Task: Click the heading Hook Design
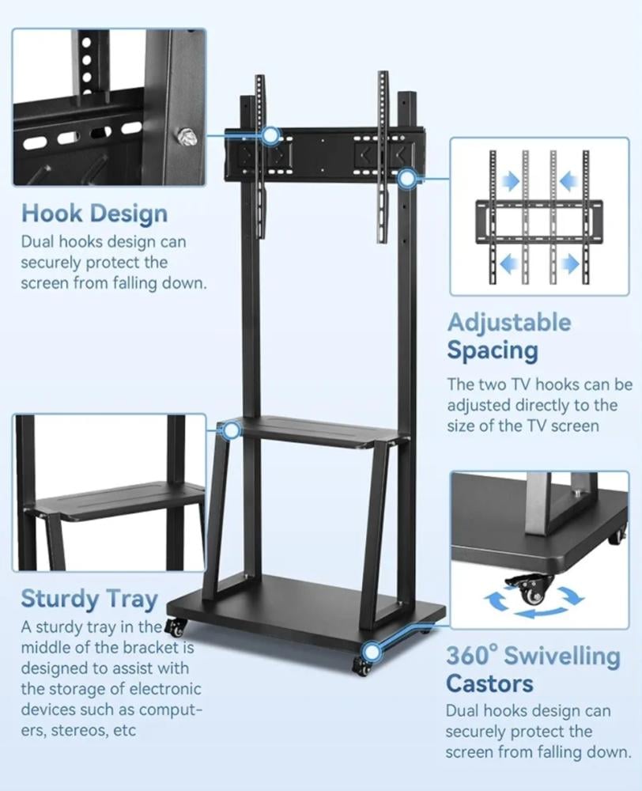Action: pos(94,214)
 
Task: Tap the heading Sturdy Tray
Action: pos(89,599)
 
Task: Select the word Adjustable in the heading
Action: pos(508,323)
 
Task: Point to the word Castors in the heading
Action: pos(489,683)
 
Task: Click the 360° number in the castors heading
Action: pos(471,656)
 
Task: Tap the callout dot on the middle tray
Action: pos(232,431)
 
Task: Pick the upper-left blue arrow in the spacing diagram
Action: pos(512,183)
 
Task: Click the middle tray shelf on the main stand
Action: pos(316,433)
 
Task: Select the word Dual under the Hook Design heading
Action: pos(39,243)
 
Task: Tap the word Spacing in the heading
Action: pos(492,350)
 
